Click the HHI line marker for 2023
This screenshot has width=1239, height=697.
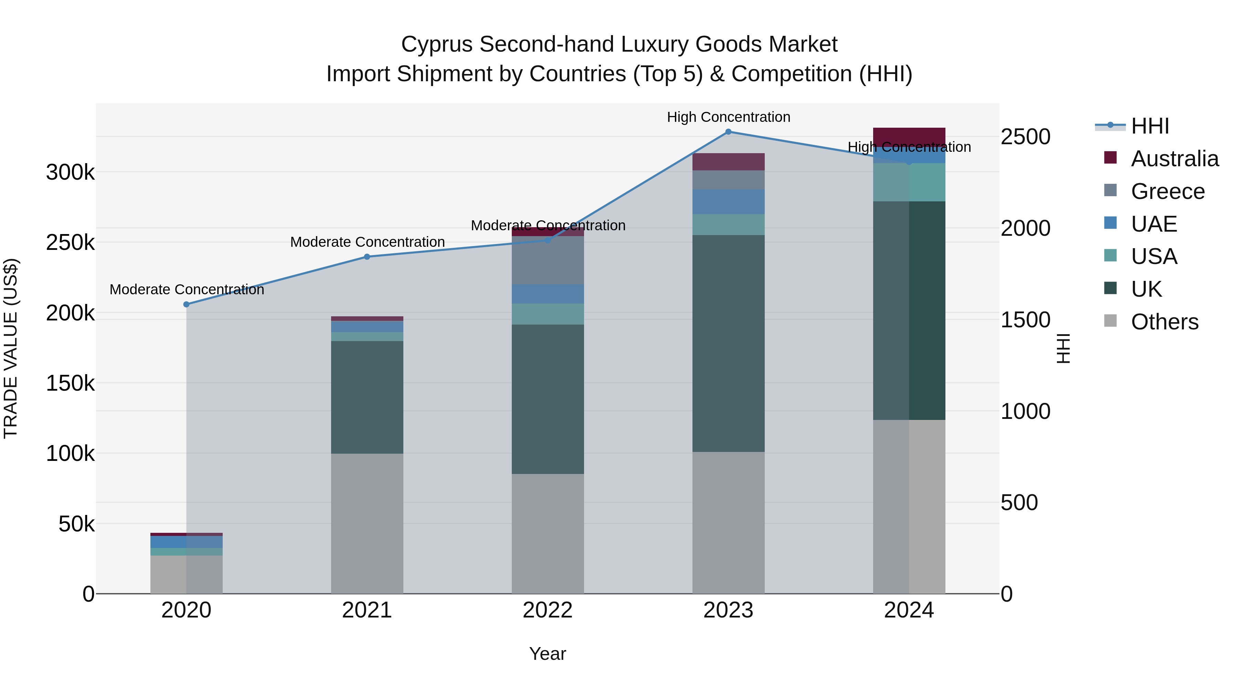(728, 132)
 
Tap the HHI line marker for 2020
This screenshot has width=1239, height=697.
(187, 305)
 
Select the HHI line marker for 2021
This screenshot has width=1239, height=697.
(367, 257)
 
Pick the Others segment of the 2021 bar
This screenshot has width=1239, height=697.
(367, 523)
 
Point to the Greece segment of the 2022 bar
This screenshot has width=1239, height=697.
(548, 260)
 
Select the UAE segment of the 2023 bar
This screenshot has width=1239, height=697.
(728, 202)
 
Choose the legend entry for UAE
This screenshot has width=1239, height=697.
(1153, 224)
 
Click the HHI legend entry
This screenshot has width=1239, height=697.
(1150, 126)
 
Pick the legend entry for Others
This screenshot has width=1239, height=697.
(1164, 322)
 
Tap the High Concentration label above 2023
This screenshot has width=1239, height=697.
(728, 117)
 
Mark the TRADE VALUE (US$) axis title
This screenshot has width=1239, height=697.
(11, 348)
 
